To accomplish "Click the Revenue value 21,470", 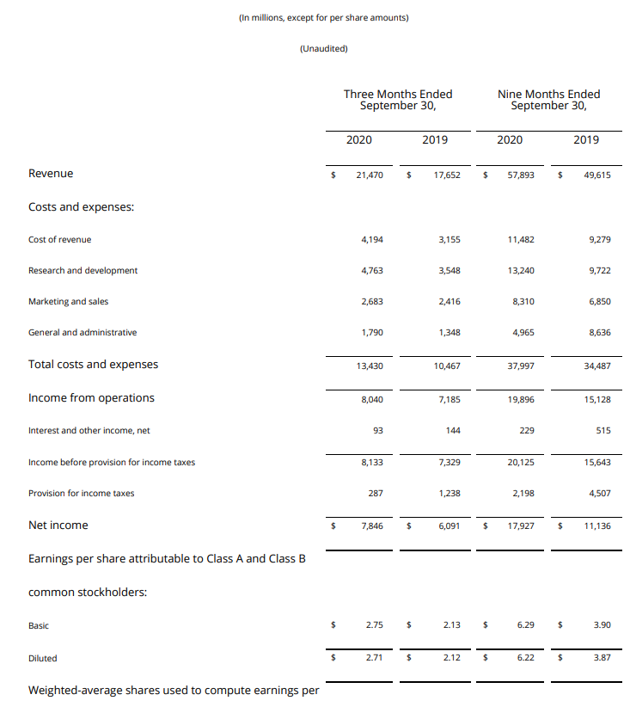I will point(370,175).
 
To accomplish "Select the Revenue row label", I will point(51,174).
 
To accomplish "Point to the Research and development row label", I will point(83,270).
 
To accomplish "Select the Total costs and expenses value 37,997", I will point(521,366).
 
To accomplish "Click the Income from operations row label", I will point(91,397).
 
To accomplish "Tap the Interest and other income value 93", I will point(377,430).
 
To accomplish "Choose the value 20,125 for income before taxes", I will point(521,463).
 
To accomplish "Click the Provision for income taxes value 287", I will point(376,494).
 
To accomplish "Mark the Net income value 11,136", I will point(596,526).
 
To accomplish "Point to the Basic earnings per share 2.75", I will point(374,625).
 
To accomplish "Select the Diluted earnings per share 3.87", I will point(602,658).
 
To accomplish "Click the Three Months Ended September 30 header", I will point(398,100).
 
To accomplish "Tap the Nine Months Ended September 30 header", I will point(548,100).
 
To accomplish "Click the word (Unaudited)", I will point(323,48).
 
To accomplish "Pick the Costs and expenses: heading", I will point(81,206).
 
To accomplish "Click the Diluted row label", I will point(43,658).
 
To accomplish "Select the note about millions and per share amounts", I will point(323,17).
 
